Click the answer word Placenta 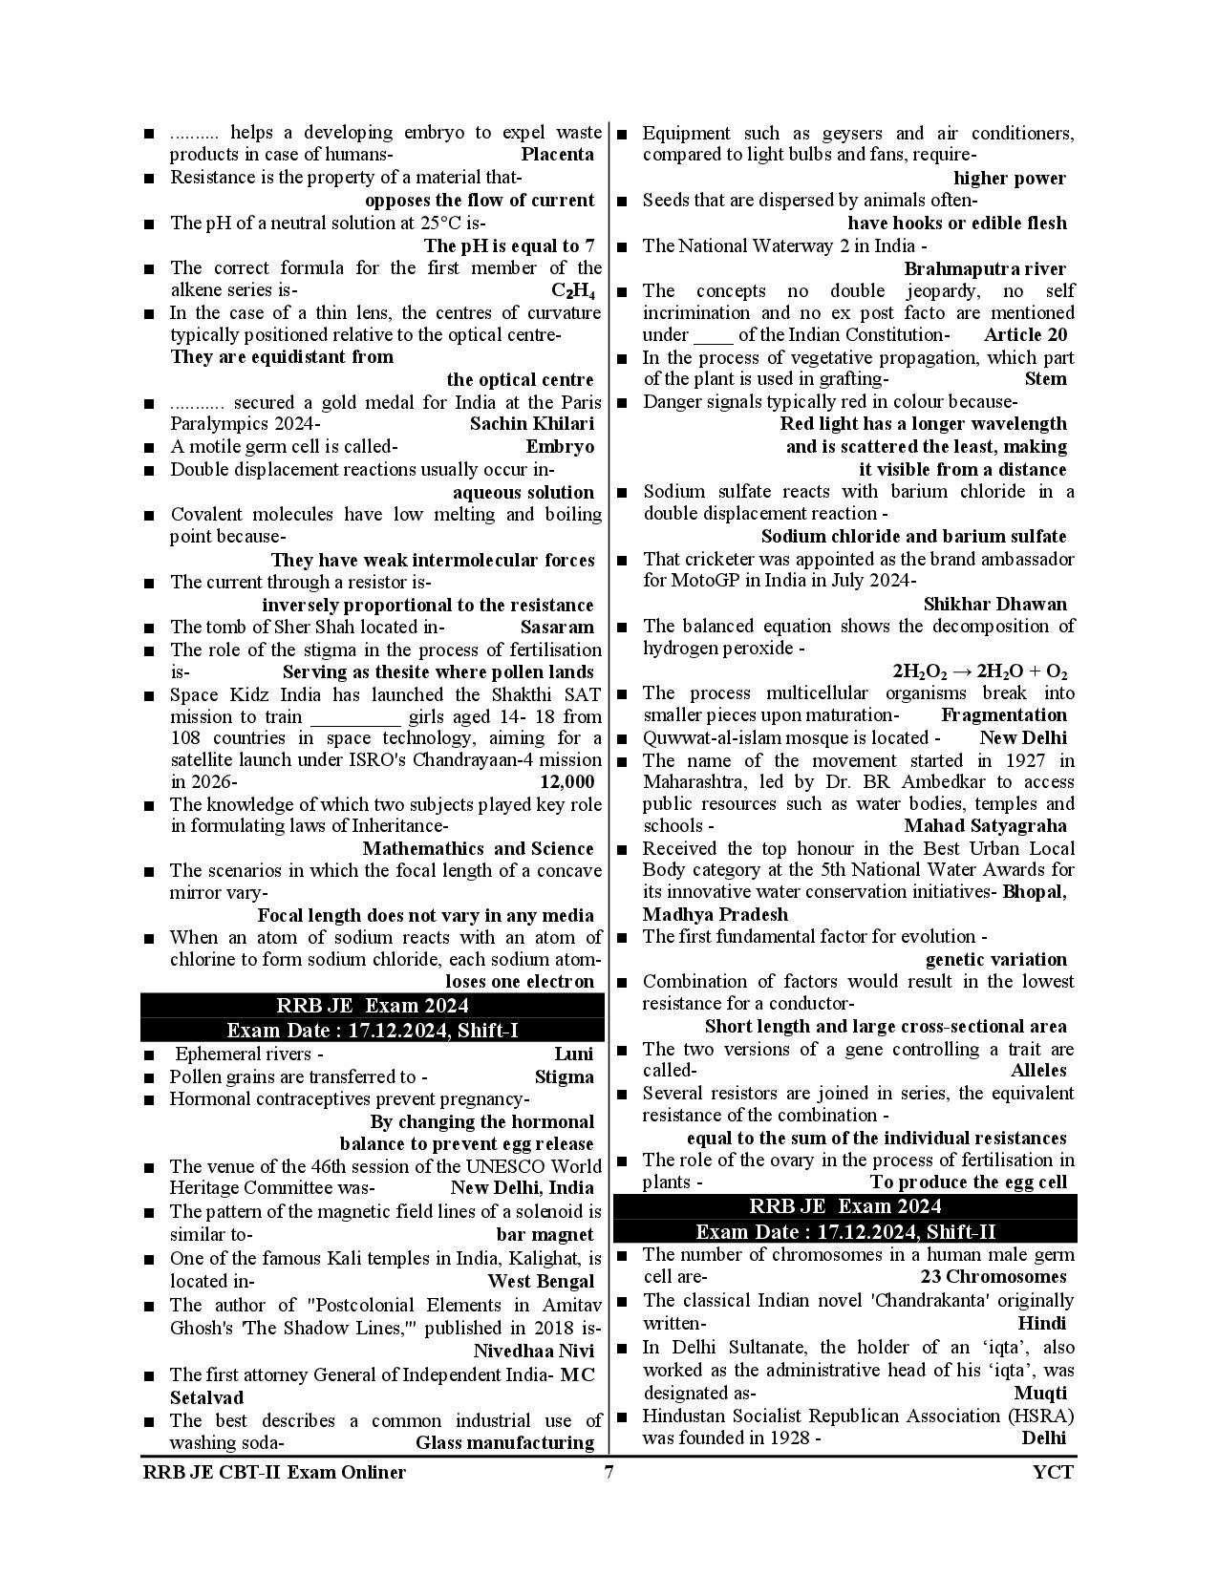pos(557,155)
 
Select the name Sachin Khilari pos(531,424)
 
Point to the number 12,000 pos(566,782)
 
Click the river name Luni pos(573,1054)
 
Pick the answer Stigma pos(564,1077)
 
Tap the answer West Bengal pos(541,1282)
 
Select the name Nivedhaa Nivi pos(533,1352)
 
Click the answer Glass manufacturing pos(504,1443)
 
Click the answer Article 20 pos(1025,335)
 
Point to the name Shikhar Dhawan pos(994,605)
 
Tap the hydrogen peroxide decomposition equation pos(979,671)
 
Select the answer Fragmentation pos(1003,715)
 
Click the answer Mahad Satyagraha pos(985,826)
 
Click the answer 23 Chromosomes pos(993,1278)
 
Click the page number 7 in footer pos(609,1472)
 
